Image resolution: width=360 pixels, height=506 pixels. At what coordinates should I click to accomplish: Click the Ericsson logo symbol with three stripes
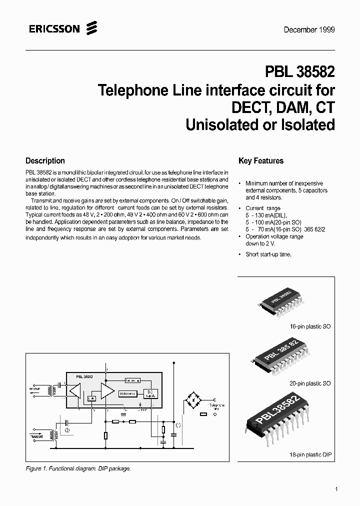90,28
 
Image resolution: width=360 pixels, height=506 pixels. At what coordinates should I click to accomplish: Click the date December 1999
309,29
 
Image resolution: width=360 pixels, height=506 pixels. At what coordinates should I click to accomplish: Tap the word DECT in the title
250,107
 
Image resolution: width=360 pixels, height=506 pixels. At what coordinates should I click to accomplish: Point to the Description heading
45,161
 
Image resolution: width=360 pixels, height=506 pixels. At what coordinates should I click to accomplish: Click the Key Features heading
261,161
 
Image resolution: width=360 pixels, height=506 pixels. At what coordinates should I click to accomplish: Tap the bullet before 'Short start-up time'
240,254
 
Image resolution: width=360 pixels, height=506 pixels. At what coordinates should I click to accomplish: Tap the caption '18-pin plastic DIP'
310,455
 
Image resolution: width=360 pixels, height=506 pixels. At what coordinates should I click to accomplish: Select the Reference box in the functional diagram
127,393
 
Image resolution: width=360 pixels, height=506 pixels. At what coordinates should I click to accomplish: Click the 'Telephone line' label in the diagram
216,407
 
